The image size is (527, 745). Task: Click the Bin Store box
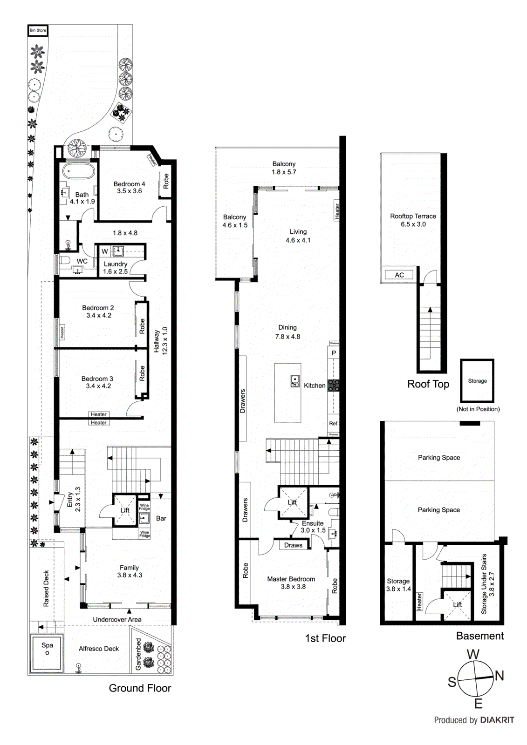[38, 30]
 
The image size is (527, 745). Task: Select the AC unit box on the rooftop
[399, 275]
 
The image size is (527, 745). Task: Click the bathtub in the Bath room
[79, 171]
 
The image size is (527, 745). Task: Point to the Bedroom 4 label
[129, 184]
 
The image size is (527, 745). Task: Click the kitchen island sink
[295, 381]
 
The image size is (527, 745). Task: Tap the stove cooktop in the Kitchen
[333, 385]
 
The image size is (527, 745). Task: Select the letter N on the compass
[500, 675]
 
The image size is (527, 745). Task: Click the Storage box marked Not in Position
[477, 381]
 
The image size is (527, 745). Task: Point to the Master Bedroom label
[291, 579]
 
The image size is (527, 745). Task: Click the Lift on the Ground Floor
[124, 510]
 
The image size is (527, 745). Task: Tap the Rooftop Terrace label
[413, 216]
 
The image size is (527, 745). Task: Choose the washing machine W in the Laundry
[105, 251]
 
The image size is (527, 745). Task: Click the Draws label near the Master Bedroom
[293, 545]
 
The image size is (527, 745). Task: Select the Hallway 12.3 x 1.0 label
[160, 340]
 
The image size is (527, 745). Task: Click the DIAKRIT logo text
[497, 720]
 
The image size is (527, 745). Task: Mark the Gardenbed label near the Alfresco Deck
[138, 654]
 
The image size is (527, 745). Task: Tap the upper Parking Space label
[438, 457]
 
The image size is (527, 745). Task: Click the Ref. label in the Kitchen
[334, 423]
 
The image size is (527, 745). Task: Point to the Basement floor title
[479, 636]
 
